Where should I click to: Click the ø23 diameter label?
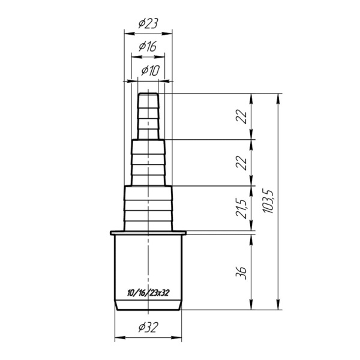pyautogui.click(x=148, y=23)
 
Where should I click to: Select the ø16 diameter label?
pyautogui.click(x=148, y=46)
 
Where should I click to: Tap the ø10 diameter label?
pyautogui.click(x=150, y=70)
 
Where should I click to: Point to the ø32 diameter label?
pyautogui.click(x=148, y=327)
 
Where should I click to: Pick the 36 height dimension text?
pyautogui.click(x=241, y=273)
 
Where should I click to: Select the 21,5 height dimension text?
pyautogui.click(x=241, y=208)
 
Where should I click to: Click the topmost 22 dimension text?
pyautogui.click(x=241, y=117)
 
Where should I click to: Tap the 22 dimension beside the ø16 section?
pyautogui.click(x=241, y=163)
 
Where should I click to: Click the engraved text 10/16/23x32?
pyautogui.click(x=148, y=293)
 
